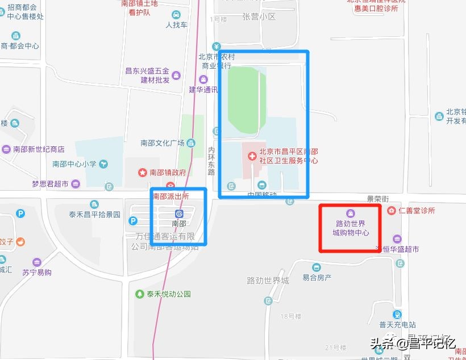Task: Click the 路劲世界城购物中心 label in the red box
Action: point(351,228)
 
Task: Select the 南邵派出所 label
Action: point(170,196)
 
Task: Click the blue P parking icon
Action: point(21,214)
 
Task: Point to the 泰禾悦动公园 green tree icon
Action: point(139,294)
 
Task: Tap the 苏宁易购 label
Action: point(37,272)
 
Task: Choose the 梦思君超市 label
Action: point(50,184)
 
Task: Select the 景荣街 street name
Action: point(377,199)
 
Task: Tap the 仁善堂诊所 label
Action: point(417,211)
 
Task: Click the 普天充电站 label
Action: point(398,325)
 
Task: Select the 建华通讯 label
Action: point(203,90)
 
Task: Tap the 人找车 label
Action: point(176,25)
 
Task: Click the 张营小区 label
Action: point(259,17)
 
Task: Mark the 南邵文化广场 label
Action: point(163,143)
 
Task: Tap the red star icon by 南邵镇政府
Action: point(143,172)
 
